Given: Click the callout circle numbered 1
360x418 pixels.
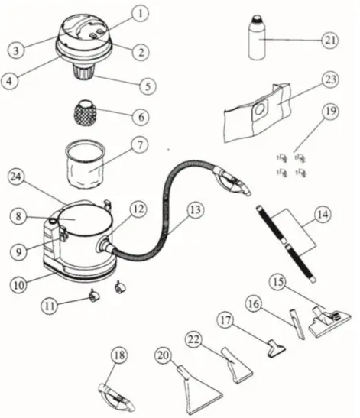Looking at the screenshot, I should pyautogui.click(x=139, y=14).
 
